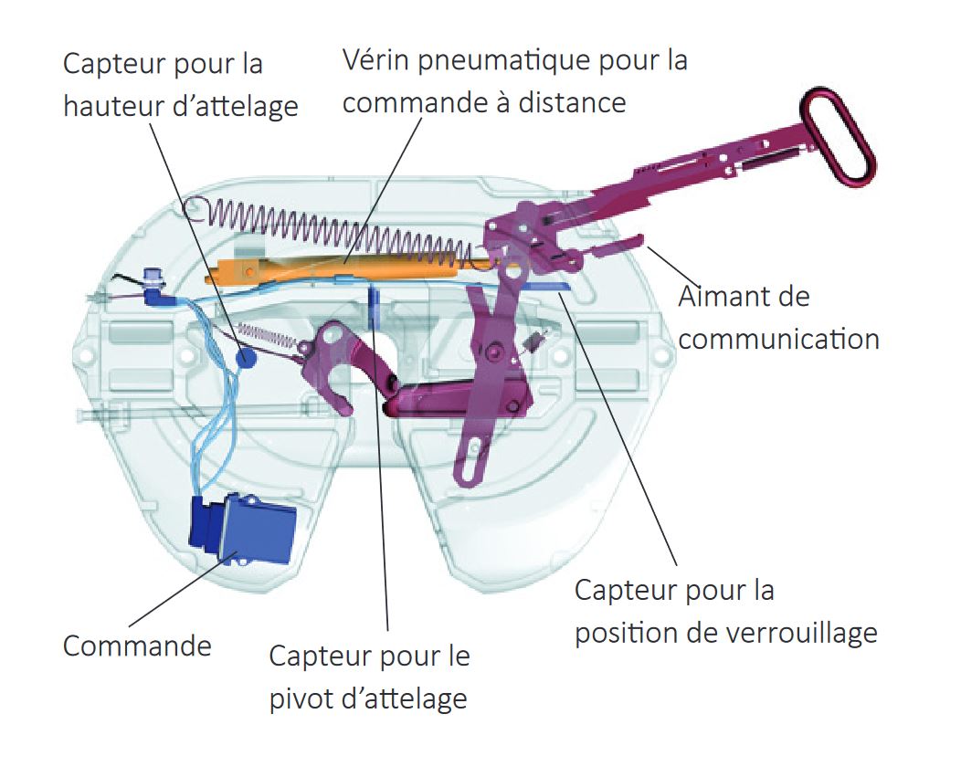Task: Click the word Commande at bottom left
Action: click(137, 646)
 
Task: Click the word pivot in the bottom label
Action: click(301, 698)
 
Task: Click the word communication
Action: click(779, 339)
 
